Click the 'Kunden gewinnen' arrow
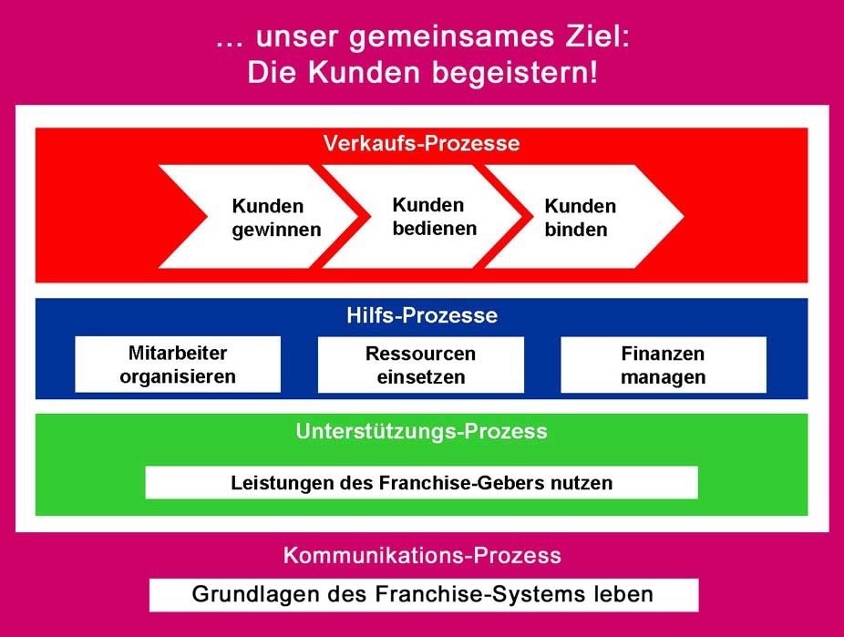point(264,218)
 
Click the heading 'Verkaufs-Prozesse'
point(421,144)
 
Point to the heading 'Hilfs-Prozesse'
point(421,316)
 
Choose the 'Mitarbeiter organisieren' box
point(178,365)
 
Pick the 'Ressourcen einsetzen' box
point(420,365)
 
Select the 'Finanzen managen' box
point(663,365)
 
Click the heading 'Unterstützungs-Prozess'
point(421,431)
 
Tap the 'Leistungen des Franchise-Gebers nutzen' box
point(421,483)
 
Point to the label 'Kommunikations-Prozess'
point(421,555)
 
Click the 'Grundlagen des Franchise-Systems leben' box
point(423,595)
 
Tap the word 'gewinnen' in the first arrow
point(276,230)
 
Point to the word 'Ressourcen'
point(420,354)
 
